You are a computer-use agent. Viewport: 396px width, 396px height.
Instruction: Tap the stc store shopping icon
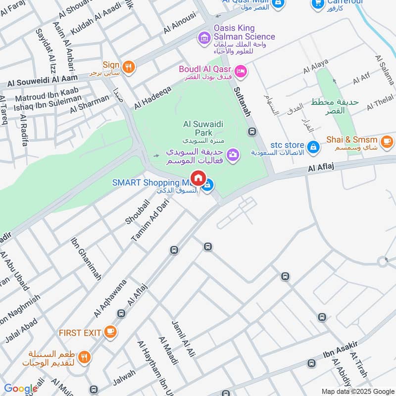click(x=313, y=147)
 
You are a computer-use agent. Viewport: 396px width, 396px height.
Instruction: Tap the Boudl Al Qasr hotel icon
click(x=241, y=72)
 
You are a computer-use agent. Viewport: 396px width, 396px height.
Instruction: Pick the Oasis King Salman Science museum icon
click(x=203, y=37)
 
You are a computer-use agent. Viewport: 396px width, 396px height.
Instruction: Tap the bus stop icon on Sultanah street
click(x=252, y=131)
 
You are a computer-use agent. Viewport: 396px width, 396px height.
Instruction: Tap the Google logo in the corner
click(x=20, y=389)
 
